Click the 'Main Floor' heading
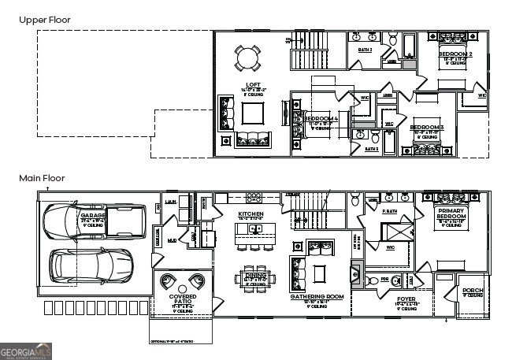[x=42, y=179]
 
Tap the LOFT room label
[x=253, y=84]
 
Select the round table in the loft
[x=247, y=58]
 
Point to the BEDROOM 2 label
[x=455, y=54]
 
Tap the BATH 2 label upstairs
[x=366, y=50]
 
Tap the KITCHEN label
[x=251, y=214]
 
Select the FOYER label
[x=406, y=299]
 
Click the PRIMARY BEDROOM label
[x=451, y=213]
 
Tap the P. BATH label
[x=388, y=211]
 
